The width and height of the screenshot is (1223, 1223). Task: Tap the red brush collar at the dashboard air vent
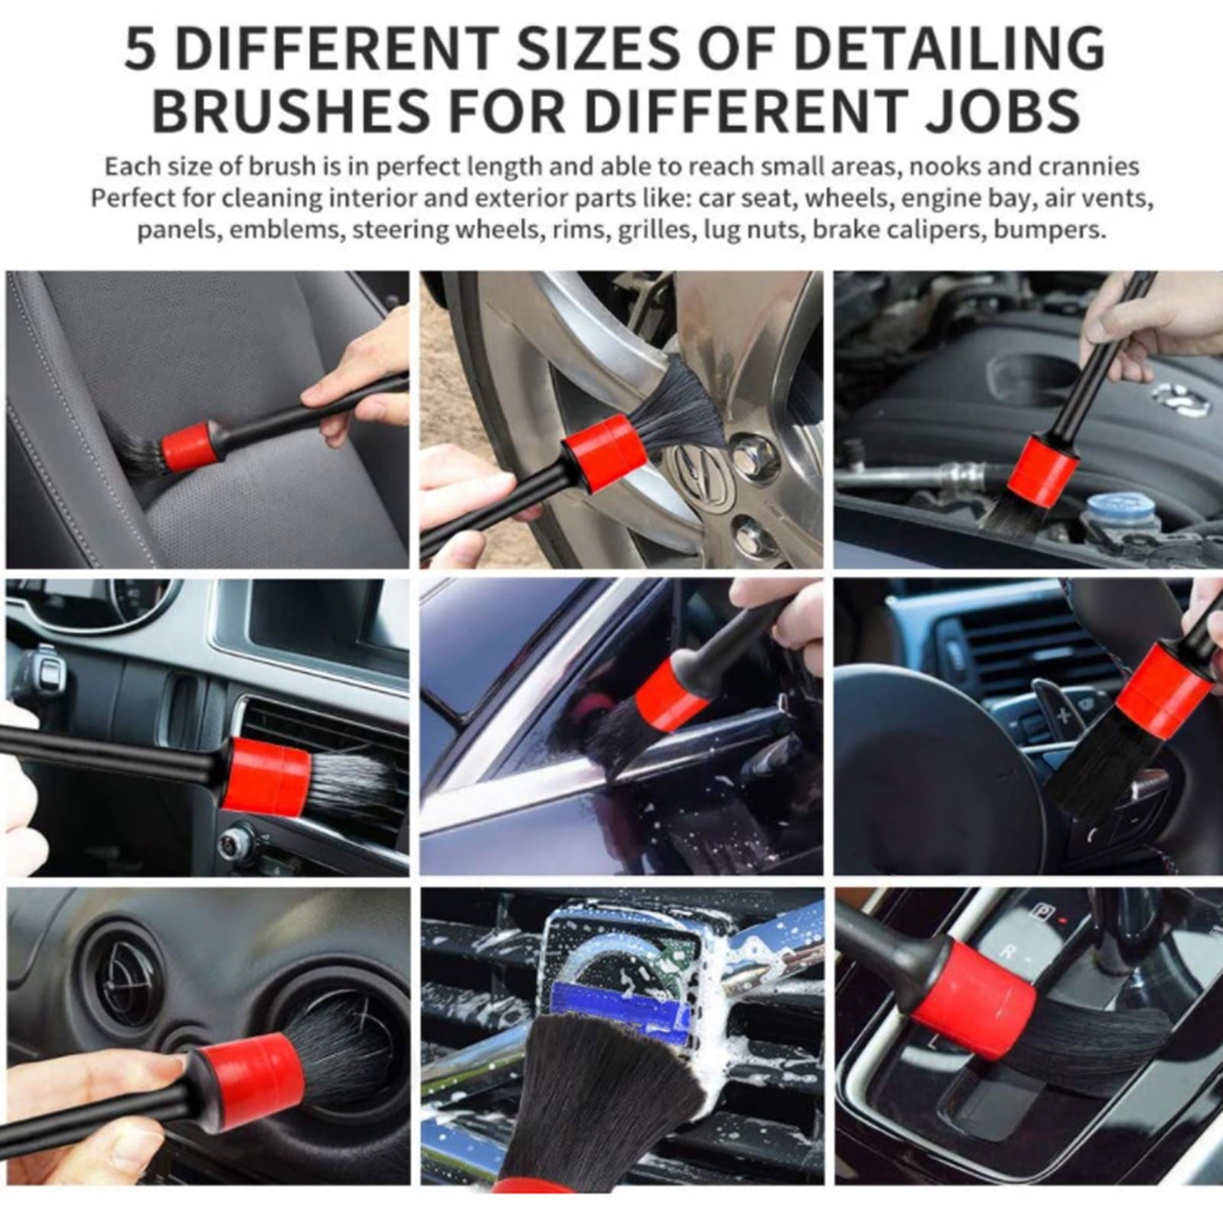(267, 776)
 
